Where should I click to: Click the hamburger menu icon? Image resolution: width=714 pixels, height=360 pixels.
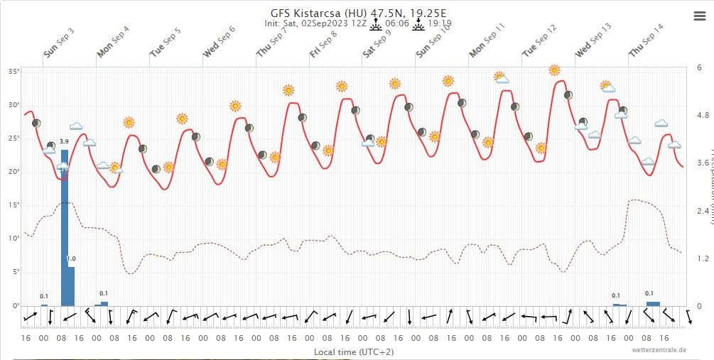(x=699, y=16)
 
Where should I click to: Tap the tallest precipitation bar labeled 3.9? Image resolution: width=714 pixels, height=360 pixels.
(x=65, y=227)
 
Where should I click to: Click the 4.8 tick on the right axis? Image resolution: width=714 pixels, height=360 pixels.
(x=703, y=115)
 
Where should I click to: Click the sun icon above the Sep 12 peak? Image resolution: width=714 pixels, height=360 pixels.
(x=554, y=70)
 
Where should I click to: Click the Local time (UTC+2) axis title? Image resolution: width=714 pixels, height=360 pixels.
(x=354, y=351)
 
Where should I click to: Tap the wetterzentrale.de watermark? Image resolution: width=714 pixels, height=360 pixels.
(x=659, y=349)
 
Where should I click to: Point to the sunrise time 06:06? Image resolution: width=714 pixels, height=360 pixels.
(x=397, y=23)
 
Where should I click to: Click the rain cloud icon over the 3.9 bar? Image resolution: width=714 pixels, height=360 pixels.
(x=63, y=168)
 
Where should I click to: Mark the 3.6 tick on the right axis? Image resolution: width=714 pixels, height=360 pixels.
(x=703, y=163)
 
